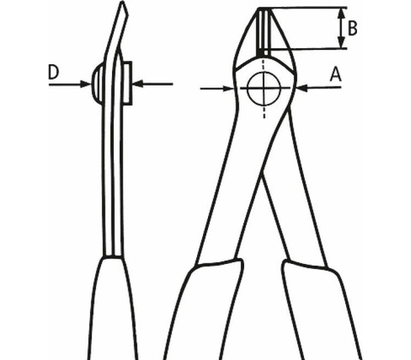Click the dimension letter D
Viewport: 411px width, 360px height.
pyautogui.click(x=53, y=72)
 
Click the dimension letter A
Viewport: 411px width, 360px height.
pyautogui.click(x=336, y=75)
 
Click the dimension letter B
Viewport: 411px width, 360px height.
pyautogui.click(x=353, y=28)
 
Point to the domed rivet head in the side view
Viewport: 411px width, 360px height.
pyautogui.click(x=96, y=83)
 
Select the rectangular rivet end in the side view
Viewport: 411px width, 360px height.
pyautogui.click(x=127, y=83)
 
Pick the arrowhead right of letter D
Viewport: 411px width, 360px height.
pyautogui.click(x=86, y=84)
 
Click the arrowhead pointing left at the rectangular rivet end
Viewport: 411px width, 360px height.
pyautogui.click(x=138, y=84)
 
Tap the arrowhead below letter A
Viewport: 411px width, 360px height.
pyautogui.click(x=302, y=88)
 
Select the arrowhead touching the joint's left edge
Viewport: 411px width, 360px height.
pyautogui.click(x=228, y=88)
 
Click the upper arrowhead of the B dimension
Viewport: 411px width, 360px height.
pyautogui.click(x=341, y=14)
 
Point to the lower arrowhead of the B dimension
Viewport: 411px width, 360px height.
pyautogui.click(x=341, y=42)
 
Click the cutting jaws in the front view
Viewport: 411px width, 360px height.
pyautogui.click(x=265, y=32)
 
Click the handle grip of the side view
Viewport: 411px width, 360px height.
pyautogui.click(x=114, y=309)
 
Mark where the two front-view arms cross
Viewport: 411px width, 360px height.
pyautogui.click(x=262, y=174)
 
